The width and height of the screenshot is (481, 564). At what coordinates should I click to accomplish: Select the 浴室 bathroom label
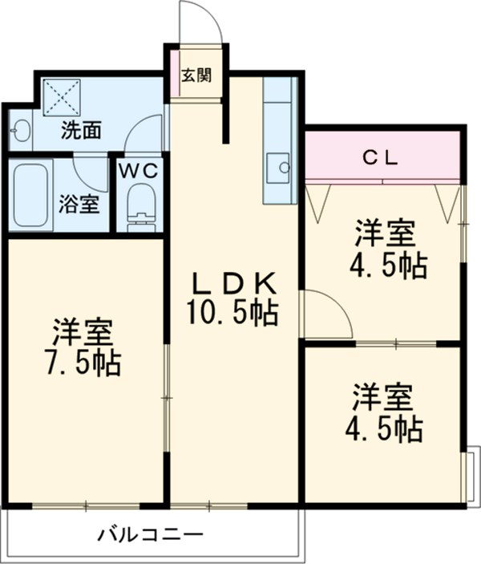tap(79, 203)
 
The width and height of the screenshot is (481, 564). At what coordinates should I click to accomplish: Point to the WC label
tap(140, 170)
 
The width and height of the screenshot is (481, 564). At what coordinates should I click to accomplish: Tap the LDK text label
tap(232, 282)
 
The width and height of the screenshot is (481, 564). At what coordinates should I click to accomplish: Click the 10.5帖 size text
tap(232, 311)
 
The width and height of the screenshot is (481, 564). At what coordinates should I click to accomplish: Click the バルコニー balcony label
tap(151, 533)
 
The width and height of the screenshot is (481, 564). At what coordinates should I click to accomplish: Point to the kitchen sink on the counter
tap(281, 166)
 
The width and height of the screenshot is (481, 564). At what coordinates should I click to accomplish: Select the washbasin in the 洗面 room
tap(21, 129)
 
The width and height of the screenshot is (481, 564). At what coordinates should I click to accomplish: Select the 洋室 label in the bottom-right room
tap(384, 398)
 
